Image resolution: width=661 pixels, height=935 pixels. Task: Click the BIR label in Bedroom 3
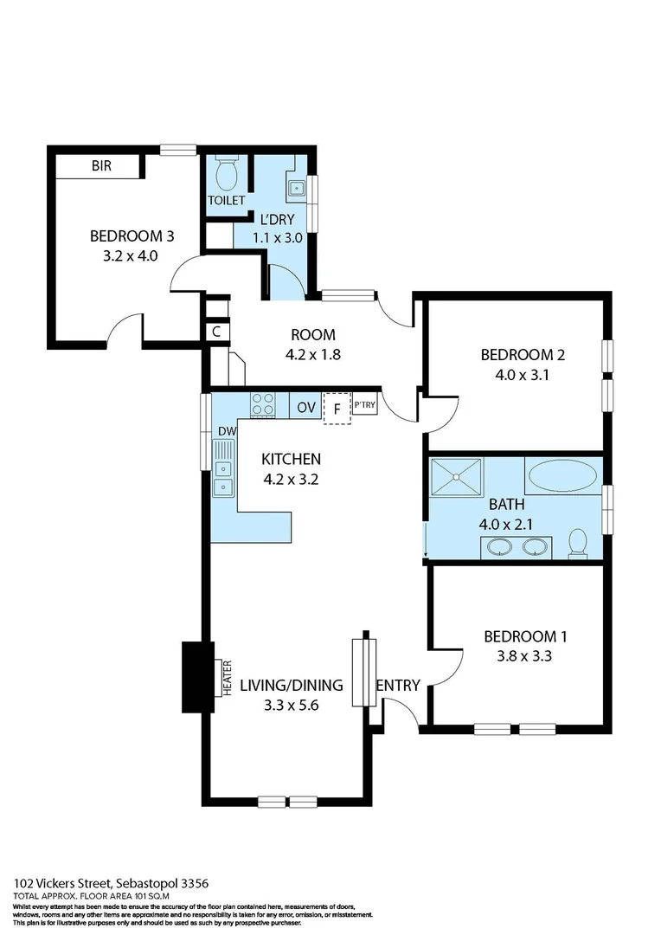[102, 166]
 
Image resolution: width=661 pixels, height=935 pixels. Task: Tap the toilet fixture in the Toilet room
[227, 175]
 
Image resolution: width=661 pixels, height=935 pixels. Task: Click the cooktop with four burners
[263, 405]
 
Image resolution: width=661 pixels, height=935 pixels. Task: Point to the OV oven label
[306, 407]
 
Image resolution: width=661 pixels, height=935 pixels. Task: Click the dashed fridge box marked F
[336, 409]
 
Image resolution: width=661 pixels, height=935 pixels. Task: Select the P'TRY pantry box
[364, 404]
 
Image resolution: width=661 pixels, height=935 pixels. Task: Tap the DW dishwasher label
[227, 432]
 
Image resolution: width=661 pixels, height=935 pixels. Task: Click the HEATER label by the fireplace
[228, 678]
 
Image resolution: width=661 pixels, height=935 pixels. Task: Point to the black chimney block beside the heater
[197, 677]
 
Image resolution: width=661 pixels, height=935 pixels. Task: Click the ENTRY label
[398, 685]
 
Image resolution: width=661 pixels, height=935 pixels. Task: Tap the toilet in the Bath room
[578, 543]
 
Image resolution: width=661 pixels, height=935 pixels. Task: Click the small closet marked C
[215, 332]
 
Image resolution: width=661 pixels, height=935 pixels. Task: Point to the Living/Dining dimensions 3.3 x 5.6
[291, 706]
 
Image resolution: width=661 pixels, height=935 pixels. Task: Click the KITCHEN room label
[291, 459]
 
